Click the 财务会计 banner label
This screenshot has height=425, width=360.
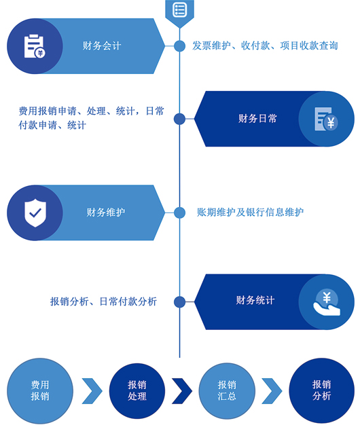[102, 45]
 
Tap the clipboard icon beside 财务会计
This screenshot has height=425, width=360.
[35, 46]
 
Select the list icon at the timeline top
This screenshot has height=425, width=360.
[179, 10]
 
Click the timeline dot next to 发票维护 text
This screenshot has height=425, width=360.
[179, 45]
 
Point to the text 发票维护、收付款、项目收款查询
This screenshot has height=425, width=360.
[265, 45]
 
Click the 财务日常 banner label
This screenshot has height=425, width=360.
[257, 118]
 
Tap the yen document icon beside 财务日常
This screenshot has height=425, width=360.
[326, 119]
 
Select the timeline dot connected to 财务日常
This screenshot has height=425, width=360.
[179, 119]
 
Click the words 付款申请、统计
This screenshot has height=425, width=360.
[52, 125]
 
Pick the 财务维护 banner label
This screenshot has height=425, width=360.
[106, 212]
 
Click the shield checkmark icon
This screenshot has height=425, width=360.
[35, 212]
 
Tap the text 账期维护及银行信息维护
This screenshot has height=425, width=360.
[250, 212]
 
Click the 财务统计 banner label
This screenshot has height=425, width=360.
[255, 300]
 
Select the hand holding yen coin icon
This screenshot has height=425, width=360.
[327, 302]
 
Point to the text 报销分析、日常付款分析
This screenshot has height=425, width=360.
[103, 301]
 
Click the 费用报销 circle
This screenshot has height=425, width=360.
[40, 390]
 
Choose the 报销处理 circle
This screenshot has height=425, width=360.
[137, 390]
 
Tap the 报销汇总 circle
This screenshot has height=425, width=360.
[227, 390]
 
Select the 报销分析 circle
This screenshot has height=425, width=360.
[321, 390]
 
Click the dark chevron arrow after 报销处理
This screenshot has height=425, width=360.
[182, 391]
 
